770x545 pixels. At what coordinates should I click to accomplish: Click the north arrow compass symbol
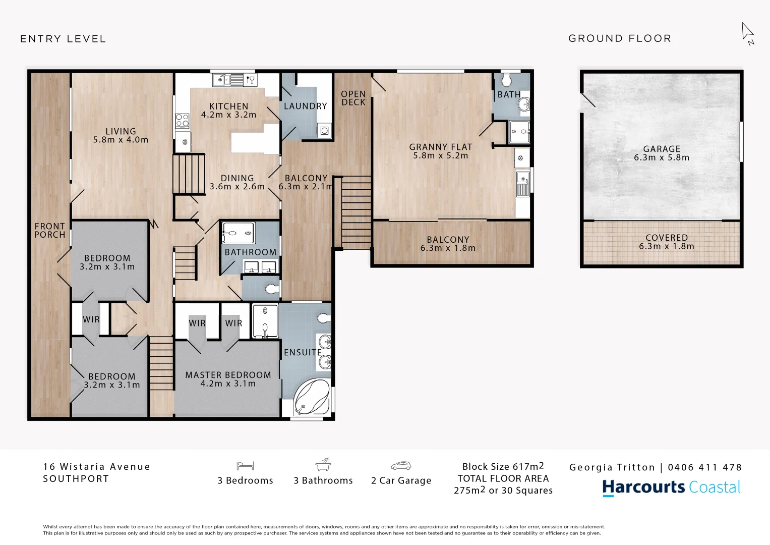(747, 34)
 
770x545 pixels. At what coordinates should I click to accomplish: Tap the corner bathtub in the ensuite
(312, 398)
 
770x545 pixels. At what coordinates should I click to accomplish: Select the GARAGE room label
(662, 149)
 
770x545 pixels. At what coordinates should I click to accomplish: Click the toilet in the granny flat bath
(506, 80)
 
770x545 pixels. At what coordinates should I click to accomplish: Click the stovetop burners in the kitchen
(182, 121)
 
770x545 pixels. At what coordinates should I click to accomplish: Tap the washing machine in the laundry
(324, 131)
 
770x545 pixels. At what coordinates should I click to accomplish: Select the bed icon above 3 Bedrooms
(245, 466)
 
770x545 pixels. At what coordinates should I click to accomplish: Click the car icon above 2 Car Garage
(401, 466)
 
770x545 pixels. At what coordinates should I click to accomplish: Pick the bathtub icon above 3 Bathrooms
(323, 464)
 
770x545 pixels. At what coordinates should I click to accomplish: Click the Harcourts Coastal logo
(671, 487)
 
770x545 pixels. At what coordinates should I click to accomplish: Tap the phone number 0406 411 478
(704, 467)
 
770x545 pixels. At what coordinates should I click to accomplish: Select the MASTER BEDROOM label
(228, 375)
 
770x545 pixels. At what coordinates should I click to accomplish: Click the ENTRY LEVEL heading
(63, 39)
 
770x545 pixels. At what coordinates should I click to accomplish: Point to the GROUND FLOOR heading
(620, 38)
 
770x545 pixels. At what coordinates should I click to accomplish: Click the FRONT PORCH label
(49, 231)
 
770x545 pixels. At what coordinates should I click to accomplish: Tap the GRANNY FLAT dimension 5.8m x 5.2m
(440, 156)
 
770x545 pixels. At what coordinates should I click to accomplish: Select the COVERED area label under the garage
(666, 238)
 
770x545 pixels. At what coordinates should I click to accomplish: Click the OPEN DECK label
(353, 98)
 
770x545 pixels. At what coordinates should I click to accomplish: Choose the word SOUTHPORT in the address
(76, 479)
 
